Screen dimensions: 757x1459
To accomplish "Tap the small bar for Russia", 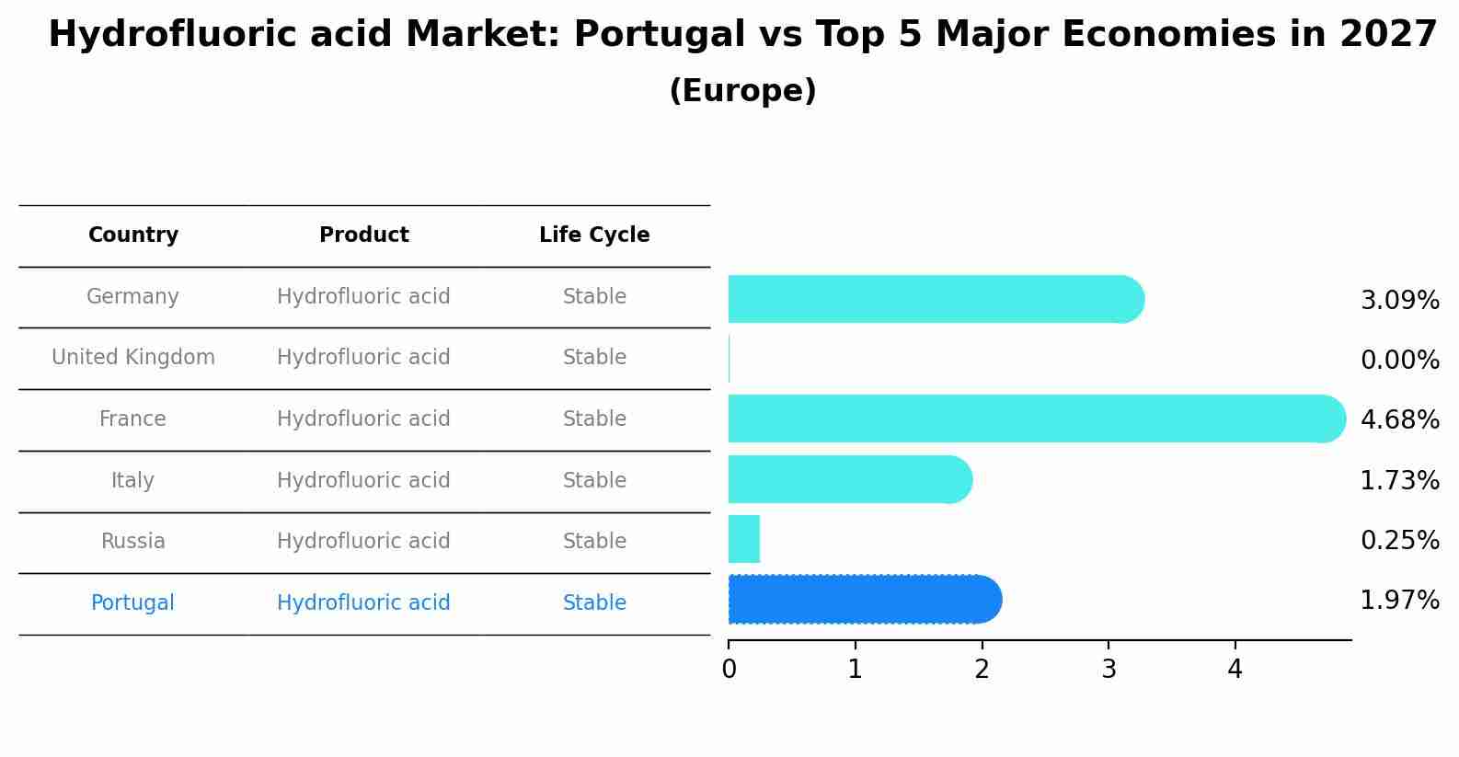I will click(x=743, y=539).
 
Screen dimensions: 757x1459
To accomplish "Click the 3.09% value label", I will click(x=1399, y=301).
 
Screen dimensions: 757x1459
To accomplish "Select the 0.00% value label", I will click(x=1399, y=361).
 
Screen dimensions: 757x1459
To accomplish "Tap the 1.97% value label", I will click(x=1399, y=601).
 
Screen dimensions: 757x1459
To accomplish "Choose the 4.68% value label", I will click(x=1399, y=420).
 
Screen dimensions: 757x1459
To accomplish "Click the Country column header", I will click(x=133, y=235).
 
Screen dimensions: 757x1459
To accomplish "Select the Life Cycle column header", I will click(x=594, y=235).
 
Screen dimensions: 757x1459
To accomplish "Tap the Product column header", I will click(x=363, y=235).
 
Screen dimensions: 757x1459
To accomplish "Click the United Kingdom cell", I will click(x=133, y=358).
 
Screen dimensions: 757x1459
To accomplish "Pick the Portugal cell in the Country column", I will click(x=132, y=603).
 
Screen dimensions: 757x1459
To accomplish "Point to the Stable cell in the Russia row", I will click(x=594, y=542).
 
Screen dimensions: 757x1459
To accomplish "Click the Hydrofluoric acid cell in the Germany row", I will click(x=363, y=297).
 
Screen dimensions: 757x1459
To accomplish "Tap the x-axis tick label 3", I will click(x=1109, y=671).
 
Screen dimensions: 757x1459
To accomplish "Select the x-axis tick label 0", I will click(x=729, y=671).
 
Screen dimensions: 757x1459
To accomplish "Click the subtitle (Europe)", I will click(x=742, y=91).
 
